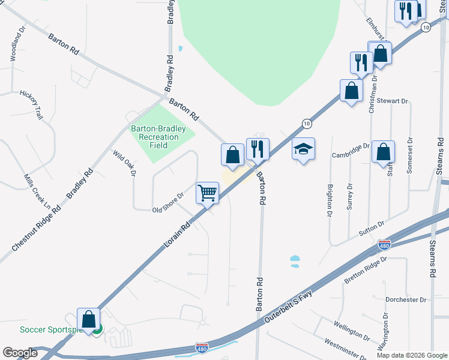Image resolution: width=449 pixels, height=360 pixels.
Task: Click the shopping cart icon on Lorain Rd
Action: (x=207, y=193)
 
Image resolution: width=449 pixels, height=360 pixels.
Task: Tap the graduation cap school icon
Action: (x=304, y=149)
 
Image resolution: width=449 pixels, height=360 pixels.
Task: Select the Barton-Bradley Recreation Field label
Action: (x=158, y=137)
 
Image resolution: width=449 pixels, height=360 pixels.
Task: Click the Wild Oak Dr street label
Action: (x=125, y=163)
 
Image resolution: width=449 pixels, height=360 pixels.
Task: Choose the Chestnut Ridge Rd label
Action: (x=37, y=229)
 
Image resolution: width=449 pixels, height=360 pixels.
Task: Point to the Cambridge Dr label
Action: (x=351, y=150)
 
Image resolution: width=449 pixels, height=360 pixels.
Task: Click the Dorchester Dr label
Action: (x=406, y=299)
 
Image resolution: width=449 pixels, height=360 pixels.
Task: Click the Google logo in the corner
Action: (x=20, y=353)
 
